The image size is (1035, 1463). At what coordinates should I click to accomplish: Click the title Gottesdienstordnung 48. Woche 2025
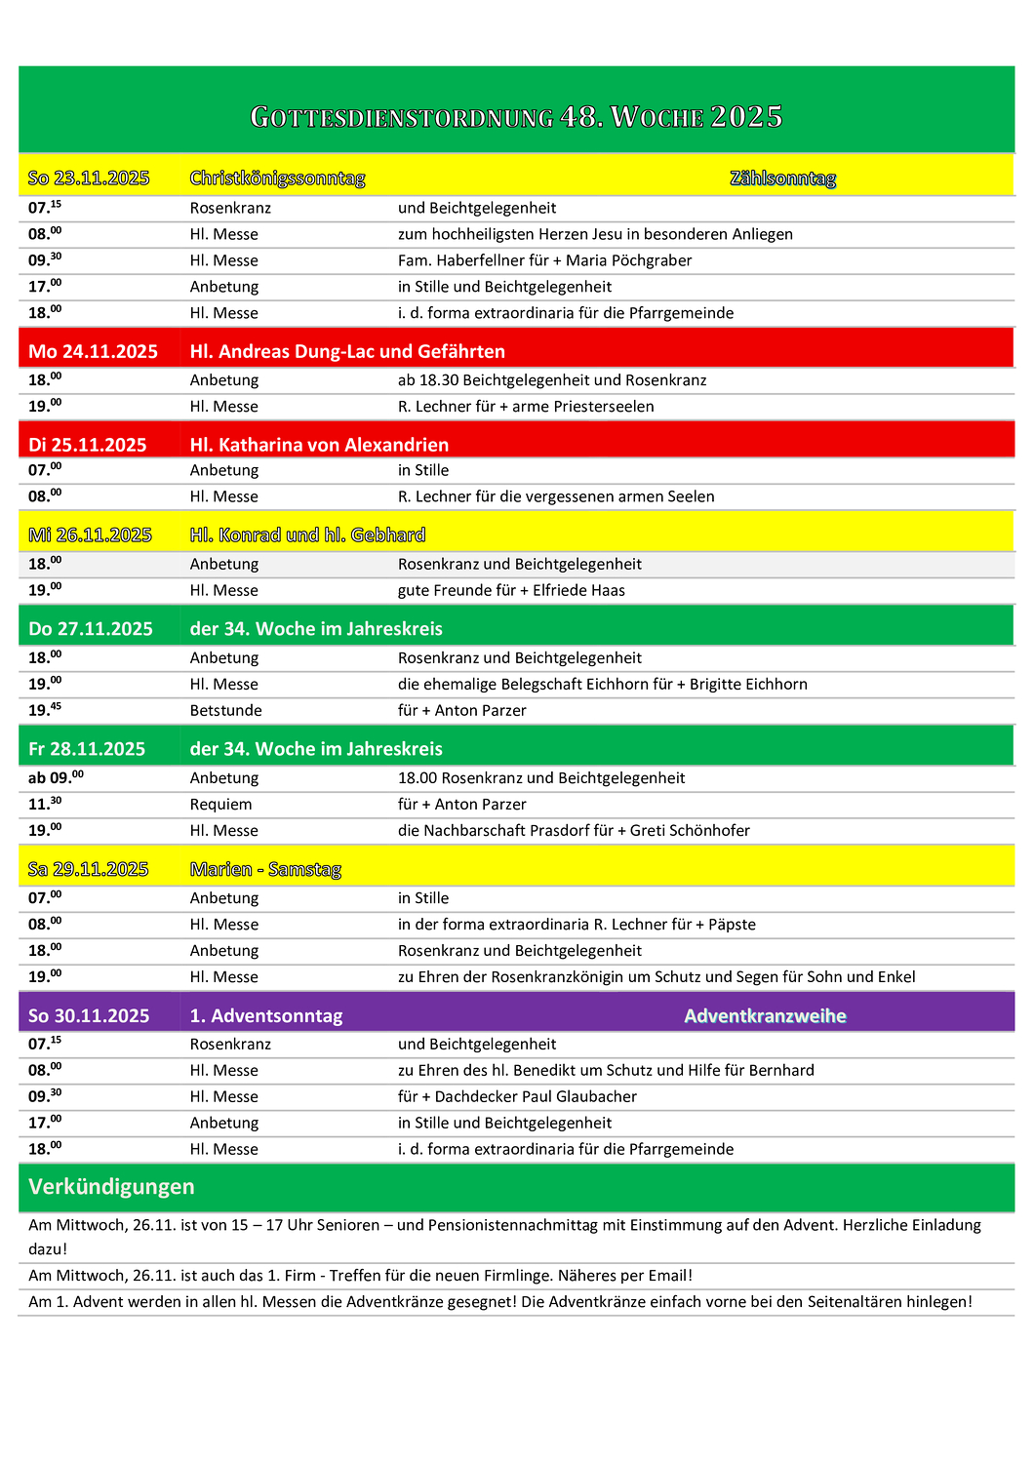516,117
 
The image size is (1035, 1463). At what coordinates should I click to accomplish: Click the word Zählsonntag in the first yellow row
782,178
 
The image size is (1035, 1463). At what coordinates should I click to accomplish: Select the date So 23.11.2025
89,178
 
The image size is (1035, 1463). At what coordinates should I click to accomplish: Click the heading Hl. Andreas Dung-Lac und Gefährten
347,351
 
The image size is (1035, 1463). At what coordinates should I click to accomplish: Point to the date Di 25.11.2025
88,445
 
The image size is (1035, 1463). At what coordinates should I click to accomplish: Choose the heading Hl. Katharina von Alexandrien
319,445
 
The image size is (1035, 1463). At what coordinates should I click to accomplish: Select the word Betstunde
225,711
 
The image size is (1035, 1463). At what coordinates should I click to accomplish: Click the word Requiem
220,805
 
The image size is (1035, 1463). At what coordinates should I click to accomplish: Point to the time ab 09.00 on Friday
56,778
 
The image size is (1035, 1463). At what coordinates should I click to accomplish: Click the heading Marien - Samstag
265,869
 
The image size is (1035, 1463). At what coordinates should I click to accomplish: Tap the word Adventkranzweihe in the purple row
765,1016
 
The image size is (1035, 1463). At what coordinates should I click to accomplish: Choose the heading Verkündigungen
111,1187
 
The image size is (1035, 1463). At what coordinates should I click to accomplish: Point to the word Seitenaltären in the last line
854,1302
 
